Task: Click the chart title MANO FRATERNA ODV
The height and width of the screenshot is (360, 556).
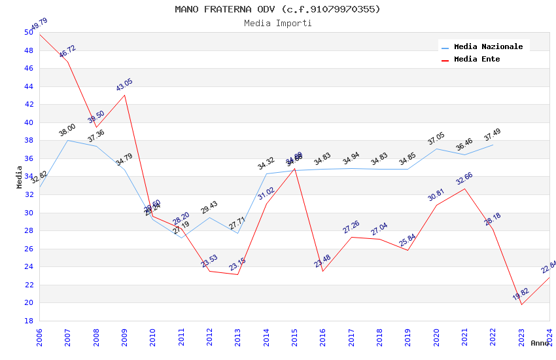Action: (x=277, y=9)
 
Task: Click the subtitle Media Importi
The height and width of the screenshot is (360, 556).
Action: (x=277, y=24)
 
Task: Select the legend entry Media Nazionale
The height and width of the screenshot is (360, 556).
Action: (x=488, y=46)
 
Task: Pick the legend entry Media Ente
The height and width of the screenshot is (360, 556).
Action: (x=477, y=59)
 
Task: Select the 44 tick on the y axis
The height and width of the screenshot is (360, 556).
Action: (x=29, y=86)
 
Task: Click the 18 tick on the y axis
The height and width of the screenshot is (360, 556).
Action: (x=29, y=321)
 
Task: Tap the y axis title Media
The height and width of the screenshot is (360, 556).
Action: (x=19, y=177)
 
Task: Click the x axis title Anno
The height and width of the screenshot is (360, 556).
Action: (x=540, y=343)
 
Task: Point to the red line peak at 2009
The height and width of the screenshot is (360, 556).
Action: (x=125, y=95)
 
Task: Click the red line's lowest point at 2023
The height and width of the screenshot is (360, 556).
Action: (x=521, y=304)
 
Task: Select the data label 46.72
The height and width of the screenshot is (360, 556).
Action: (x=67, y=52)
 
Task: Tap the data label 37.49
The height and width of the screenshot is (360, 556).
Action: (x=492, y=135)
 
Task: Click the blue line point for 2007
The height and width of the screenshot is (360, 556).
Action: (x=68, y=140)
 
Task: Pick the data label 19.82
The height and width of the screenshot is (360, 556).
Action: (x=521, y=294)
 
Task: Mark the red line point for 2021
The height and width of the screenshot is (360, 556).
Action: (x=465, y=189)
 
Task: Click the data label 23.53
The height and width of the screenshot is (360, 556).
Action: (x=209, y=261)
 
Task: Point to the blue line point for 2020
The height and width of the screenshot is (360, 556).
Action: (x=436, y=149)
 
